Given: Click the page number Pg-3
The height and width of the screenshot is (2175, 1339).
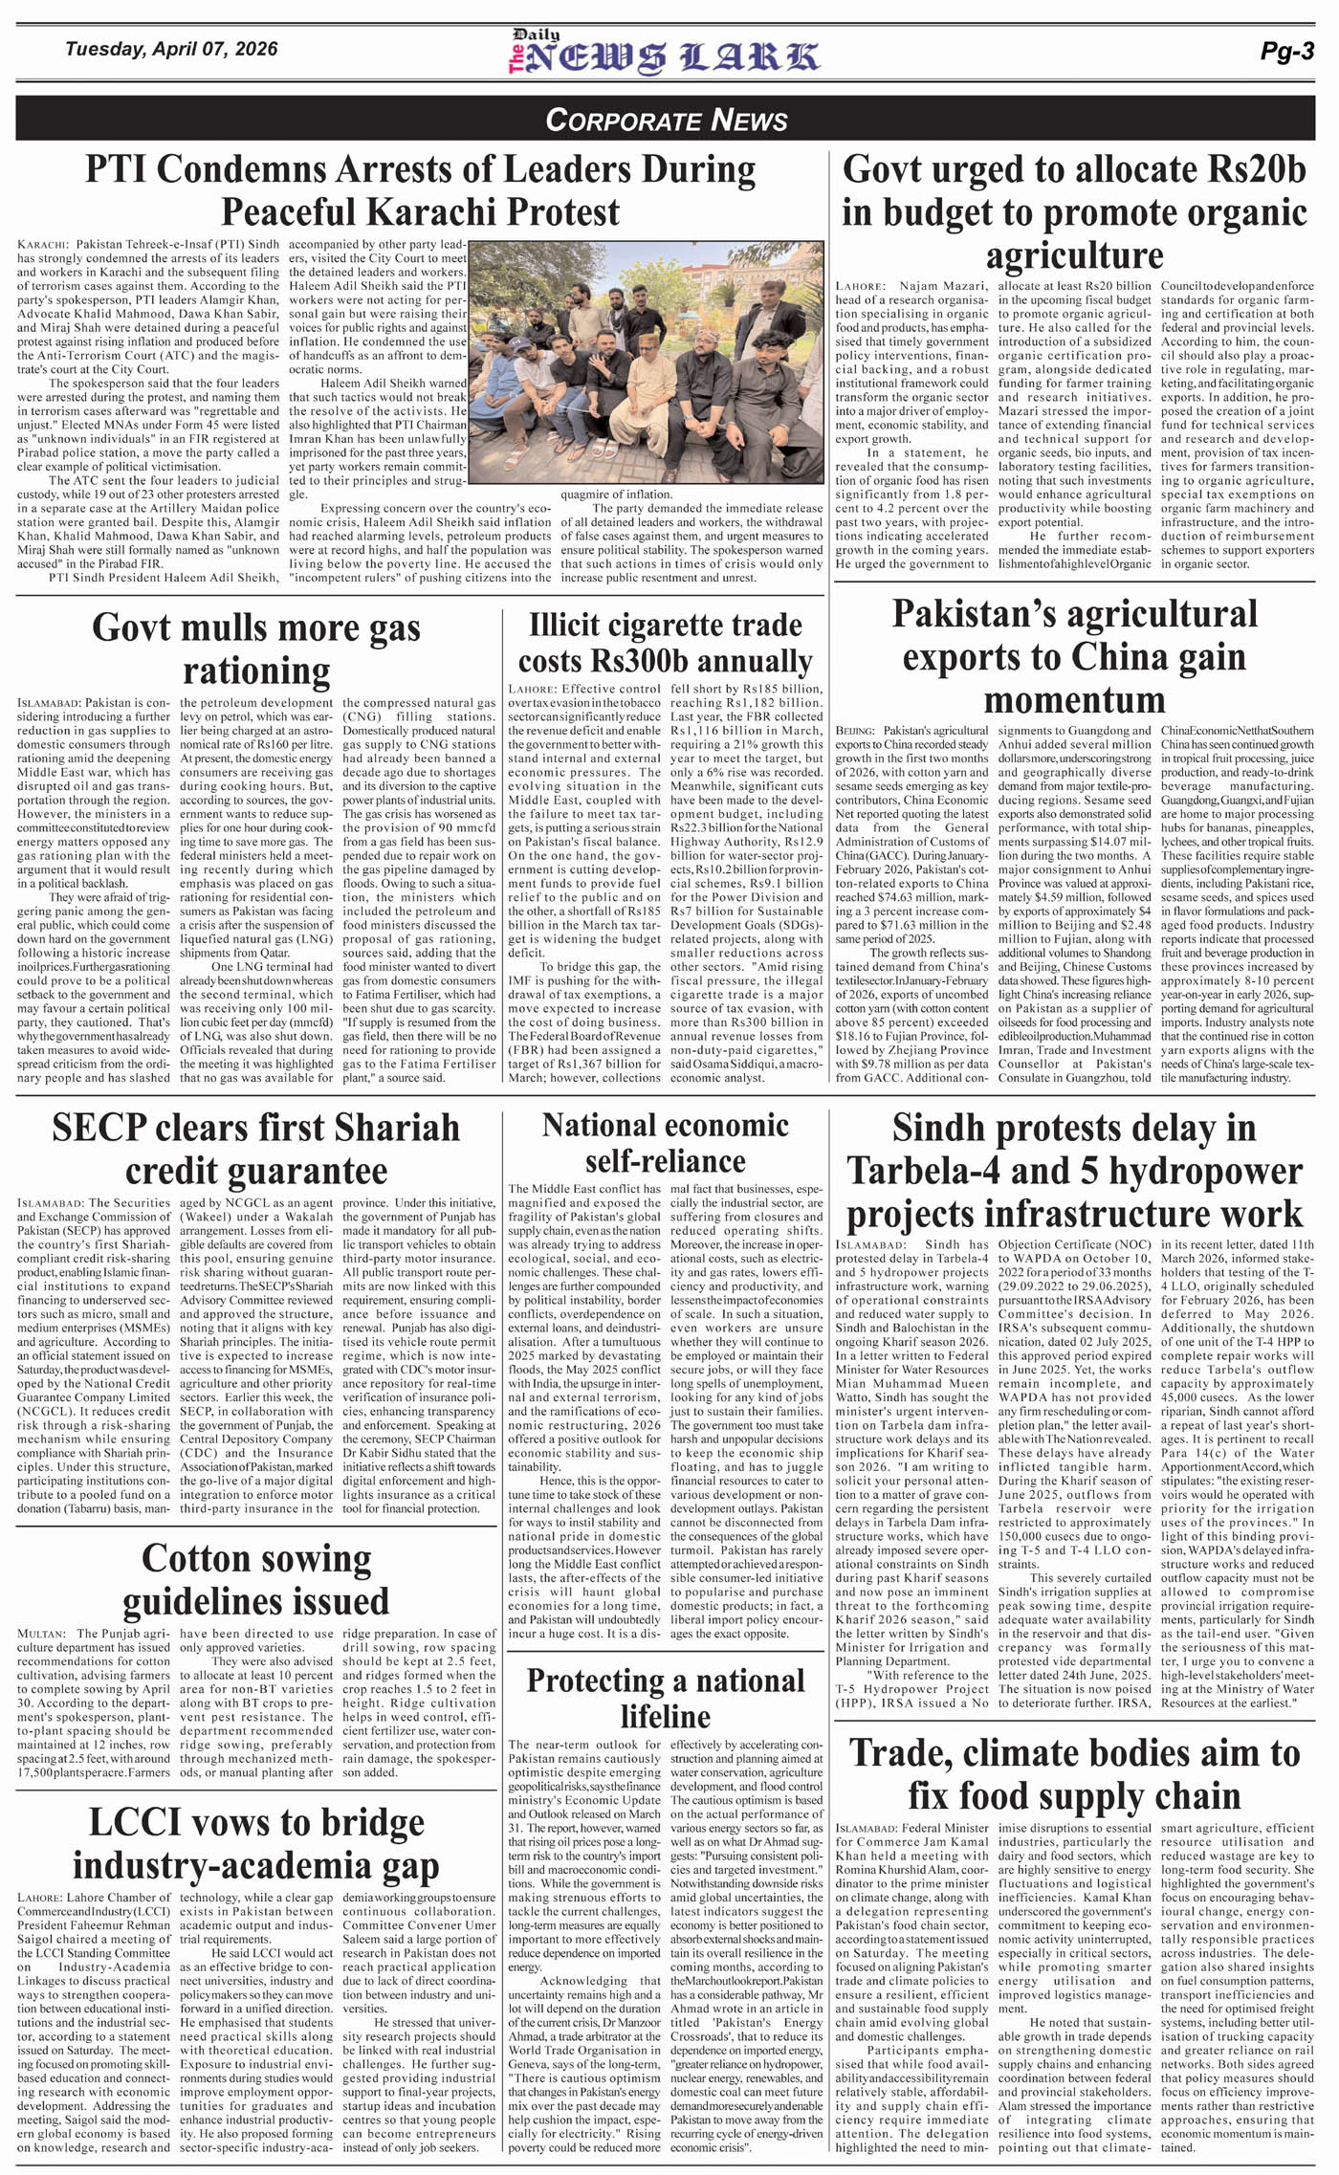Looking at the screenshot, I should coord(1287,54).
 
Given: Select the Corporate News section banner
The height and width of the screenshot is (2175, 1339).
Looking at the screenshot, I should coord(667,120).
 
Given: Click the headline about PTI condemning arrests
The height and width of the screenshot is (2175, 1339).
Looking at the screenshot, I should coord(420,190).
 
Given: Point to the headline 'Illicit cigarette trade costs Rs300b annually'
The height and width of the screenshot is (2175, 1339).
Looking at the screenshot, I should coord(665,643).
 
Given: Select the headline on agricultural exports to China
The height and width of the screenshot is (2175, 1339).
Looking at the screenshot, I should coord(1074,656).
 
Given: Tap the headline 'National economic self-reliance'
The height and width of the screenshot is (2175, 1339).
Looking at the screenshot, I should coord(665,1142).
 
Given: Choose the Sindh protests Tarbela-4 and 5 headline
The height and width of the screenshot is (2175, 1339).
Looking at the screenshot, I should coord(1074,1171).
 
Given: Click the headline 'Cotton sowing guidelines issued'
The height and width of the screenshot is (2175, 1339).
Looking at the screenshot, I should coord(255,1579).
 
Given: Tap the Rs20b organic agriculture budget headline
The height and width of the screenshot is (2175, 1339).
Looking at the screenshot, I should coord(1074,212).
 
